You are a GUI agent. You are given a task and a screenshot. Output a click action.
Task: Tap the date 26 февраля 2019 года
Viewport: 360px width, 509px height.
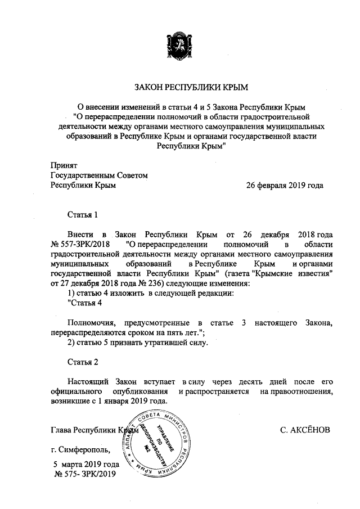coord(285,185)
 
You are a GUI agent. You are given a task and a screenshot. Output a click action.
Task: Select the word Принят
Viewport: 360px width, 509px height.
coord(63,165)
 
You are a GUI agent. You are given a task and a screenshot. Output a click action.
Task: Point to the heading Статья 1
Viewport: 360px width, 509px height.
coord(83,214)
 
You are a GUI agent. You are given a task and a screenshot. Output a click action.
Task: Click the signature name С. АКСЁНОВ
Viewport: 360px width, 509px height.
coord(308,430)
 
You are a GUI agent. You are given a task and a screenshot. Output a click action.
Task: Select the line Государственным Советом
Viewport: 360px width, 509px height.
coord(98,175)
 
